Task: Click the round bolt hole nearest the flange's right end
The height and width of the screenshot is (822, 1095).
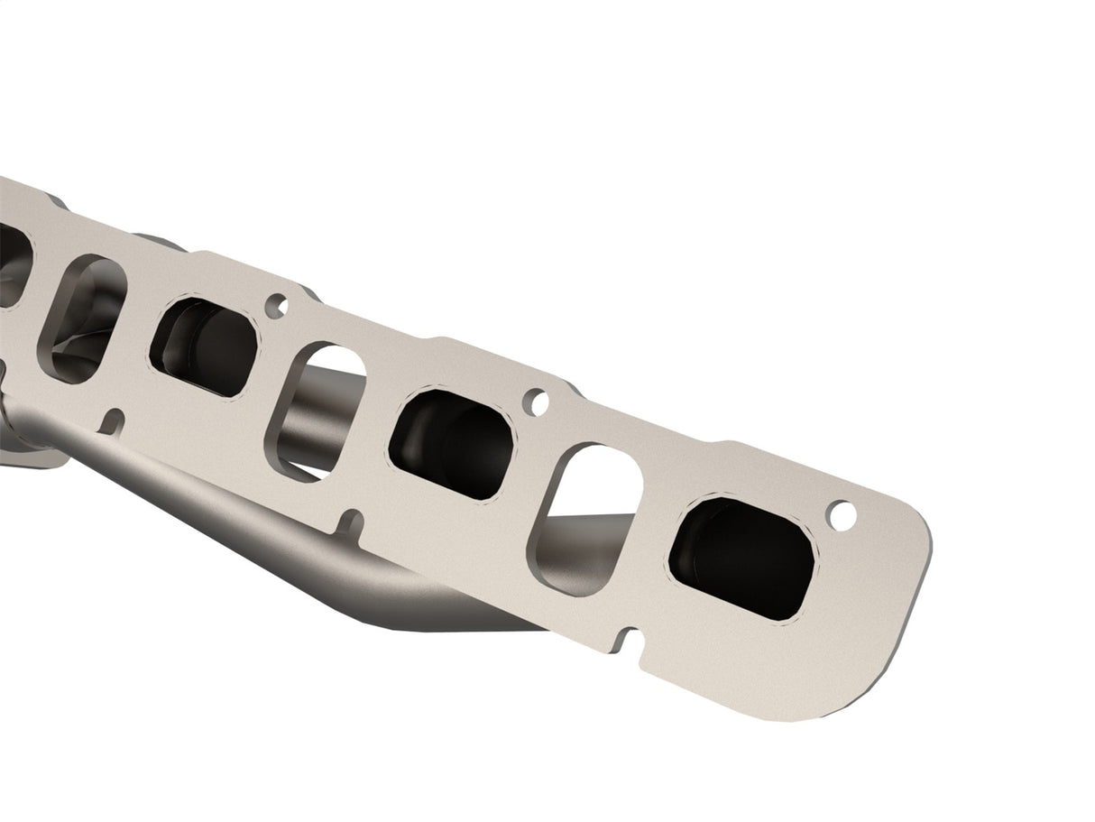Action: pos(842,516)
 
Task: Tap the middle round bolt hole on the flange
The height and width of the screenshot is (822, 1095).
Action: pos(536,402)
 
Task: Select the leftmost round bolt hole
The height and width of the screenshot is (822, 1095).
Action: pos(276,306)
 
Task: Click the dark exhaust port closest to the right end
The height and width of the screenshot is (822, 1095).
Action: pos(741,558)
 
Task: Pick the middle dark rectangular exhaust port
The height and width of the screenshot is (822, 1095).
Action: pos(451,443)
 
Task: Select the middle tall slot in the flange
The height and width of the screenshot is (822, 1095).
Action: pos(315,411)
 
